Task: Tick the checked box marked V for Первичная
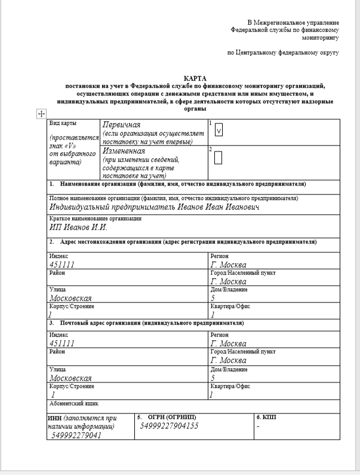[218, 131]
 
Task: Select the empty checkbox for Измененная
[218, 158]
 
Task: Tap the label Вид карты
[63, 123]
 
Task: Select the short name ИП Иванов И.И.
[78, 227]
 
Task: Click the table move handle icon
[41, 113]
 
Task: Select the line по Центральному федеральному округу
[283, 53]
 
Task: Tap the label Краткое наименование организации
[96, 218]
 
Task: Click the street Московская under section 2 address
[70, 298]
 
